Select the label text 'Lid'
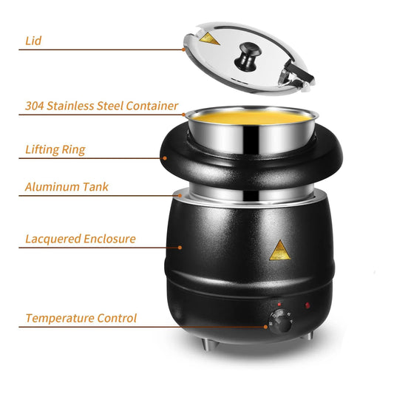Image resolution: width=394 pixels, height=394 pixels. pos(33,41)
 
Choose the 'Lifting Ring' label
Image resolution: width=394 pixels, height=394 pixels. pos(55,149)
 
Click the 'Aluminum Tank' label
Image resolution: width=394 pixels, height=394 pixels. pos(67,187)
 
